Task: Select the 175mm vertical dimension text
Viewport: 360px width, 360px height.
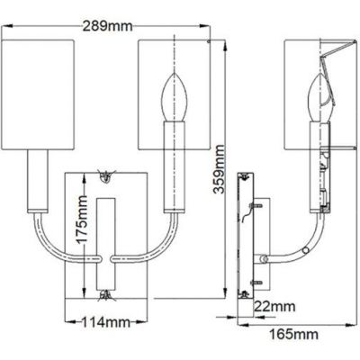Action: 81,229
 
